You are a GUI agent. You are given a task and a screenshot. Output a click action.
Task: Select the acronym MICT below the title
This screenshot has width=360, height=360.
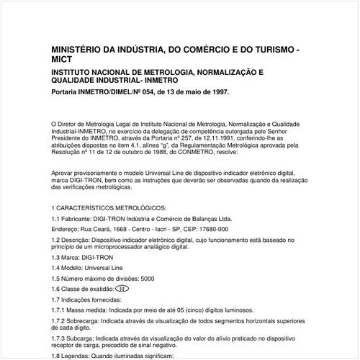click(63, 63)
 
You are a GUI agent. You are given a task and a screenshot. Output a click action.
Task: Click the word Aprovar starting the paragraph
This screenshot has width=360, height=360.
click(64, 174)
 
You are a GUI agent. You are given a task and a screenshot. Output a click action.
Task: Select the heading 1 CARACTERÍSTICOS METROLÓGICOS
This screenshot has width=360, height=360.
click(109, 208)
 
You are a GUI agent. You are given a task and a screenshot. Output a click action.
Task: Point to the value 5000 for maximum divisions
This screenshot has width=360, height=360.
click(148, 278)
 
